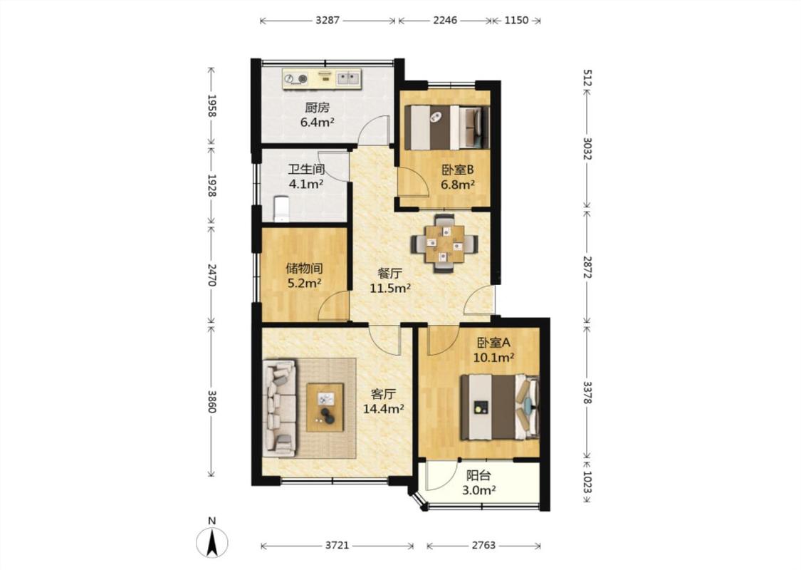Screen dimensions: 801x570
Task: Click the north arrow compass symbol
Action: click(212, 542)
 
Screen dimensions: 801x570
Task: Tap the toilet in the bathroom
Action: click(281, 209)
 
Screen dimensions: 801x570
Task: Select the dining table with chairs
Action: click(445, 244)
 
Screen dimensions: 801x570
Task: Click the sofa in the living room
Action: click(279, 408)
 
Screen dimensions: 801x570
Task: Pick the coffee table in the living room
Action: click(325, 407)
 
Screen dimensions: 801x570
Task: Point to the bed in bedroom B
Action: click(447, 128)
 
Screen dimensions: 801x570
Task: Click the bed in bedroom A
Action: click(500, 408)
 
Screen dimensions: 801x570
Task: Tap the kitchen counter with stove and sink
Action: click(322, 78)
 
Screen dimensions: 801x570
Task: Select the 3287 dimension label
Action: click(328, 21)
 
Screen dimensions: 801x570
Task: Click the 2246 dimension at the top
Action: click(445, 21)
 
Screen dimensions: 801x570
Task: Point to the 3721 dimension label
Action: click(337, 546)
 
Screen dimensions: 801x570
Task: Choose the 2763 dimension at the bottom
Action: click(483, 546)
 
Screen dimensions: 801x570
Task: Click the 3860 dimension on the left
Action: click(212, 401)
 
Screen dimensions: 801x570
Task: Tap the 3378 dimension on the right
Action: click(587, 393)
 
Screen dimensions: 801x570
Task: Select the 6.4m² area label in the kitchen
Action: click(318, 122)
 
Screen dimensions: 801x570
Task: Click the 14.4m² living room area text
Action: click(384, 408)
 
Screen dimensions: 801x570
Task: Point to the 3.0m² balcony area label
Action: click(479, 491)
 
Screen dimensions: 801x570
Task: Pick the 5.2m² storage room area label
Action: click(304, 283)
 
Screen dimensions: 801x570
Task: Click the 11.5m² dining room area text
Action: click(390, 289)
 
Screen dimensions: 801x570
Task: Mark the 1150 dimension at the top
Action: click(516, 21)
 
